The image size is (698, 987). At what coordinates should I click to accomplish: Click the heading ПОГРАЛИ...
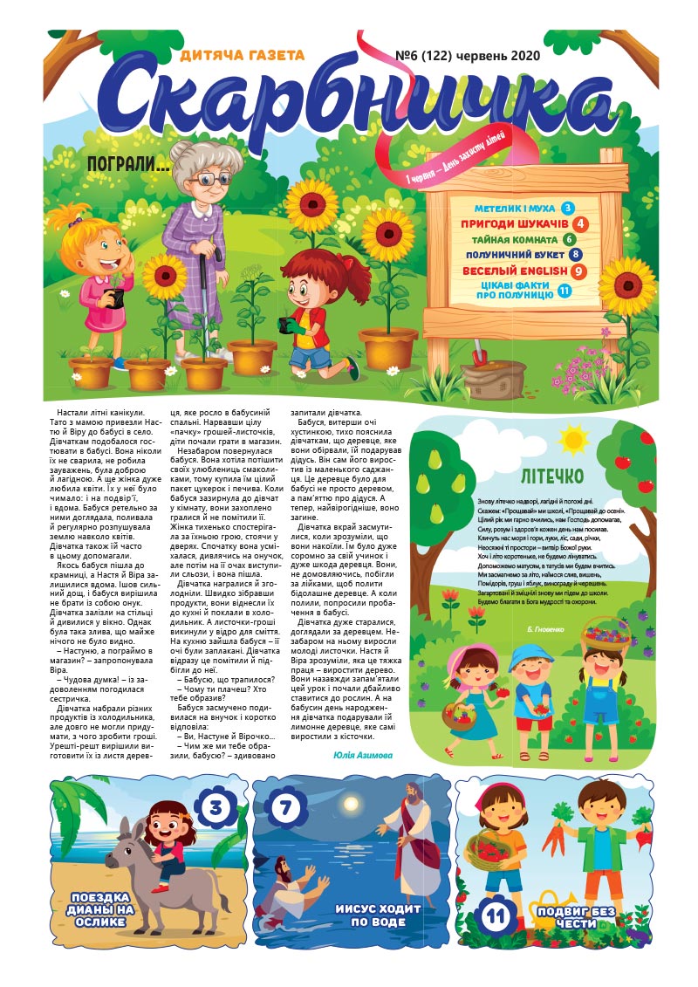coord(128,164)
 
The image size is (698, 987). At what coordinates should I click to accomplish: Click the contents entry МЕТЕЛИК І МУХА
coord(515,209)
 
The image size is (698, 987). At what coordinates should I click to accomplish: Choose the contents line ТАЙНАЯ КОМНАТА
coord(515,239)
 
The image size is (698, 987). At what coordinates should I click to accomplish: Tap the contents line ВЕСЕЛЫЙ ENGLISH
coord(515,271)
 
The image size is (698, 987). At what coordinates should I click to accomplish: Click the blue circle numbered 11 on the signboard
coord(565,291)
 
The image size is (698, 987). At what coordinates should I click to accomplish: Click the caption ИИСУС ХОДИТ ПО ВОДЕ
coord(379,915)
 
